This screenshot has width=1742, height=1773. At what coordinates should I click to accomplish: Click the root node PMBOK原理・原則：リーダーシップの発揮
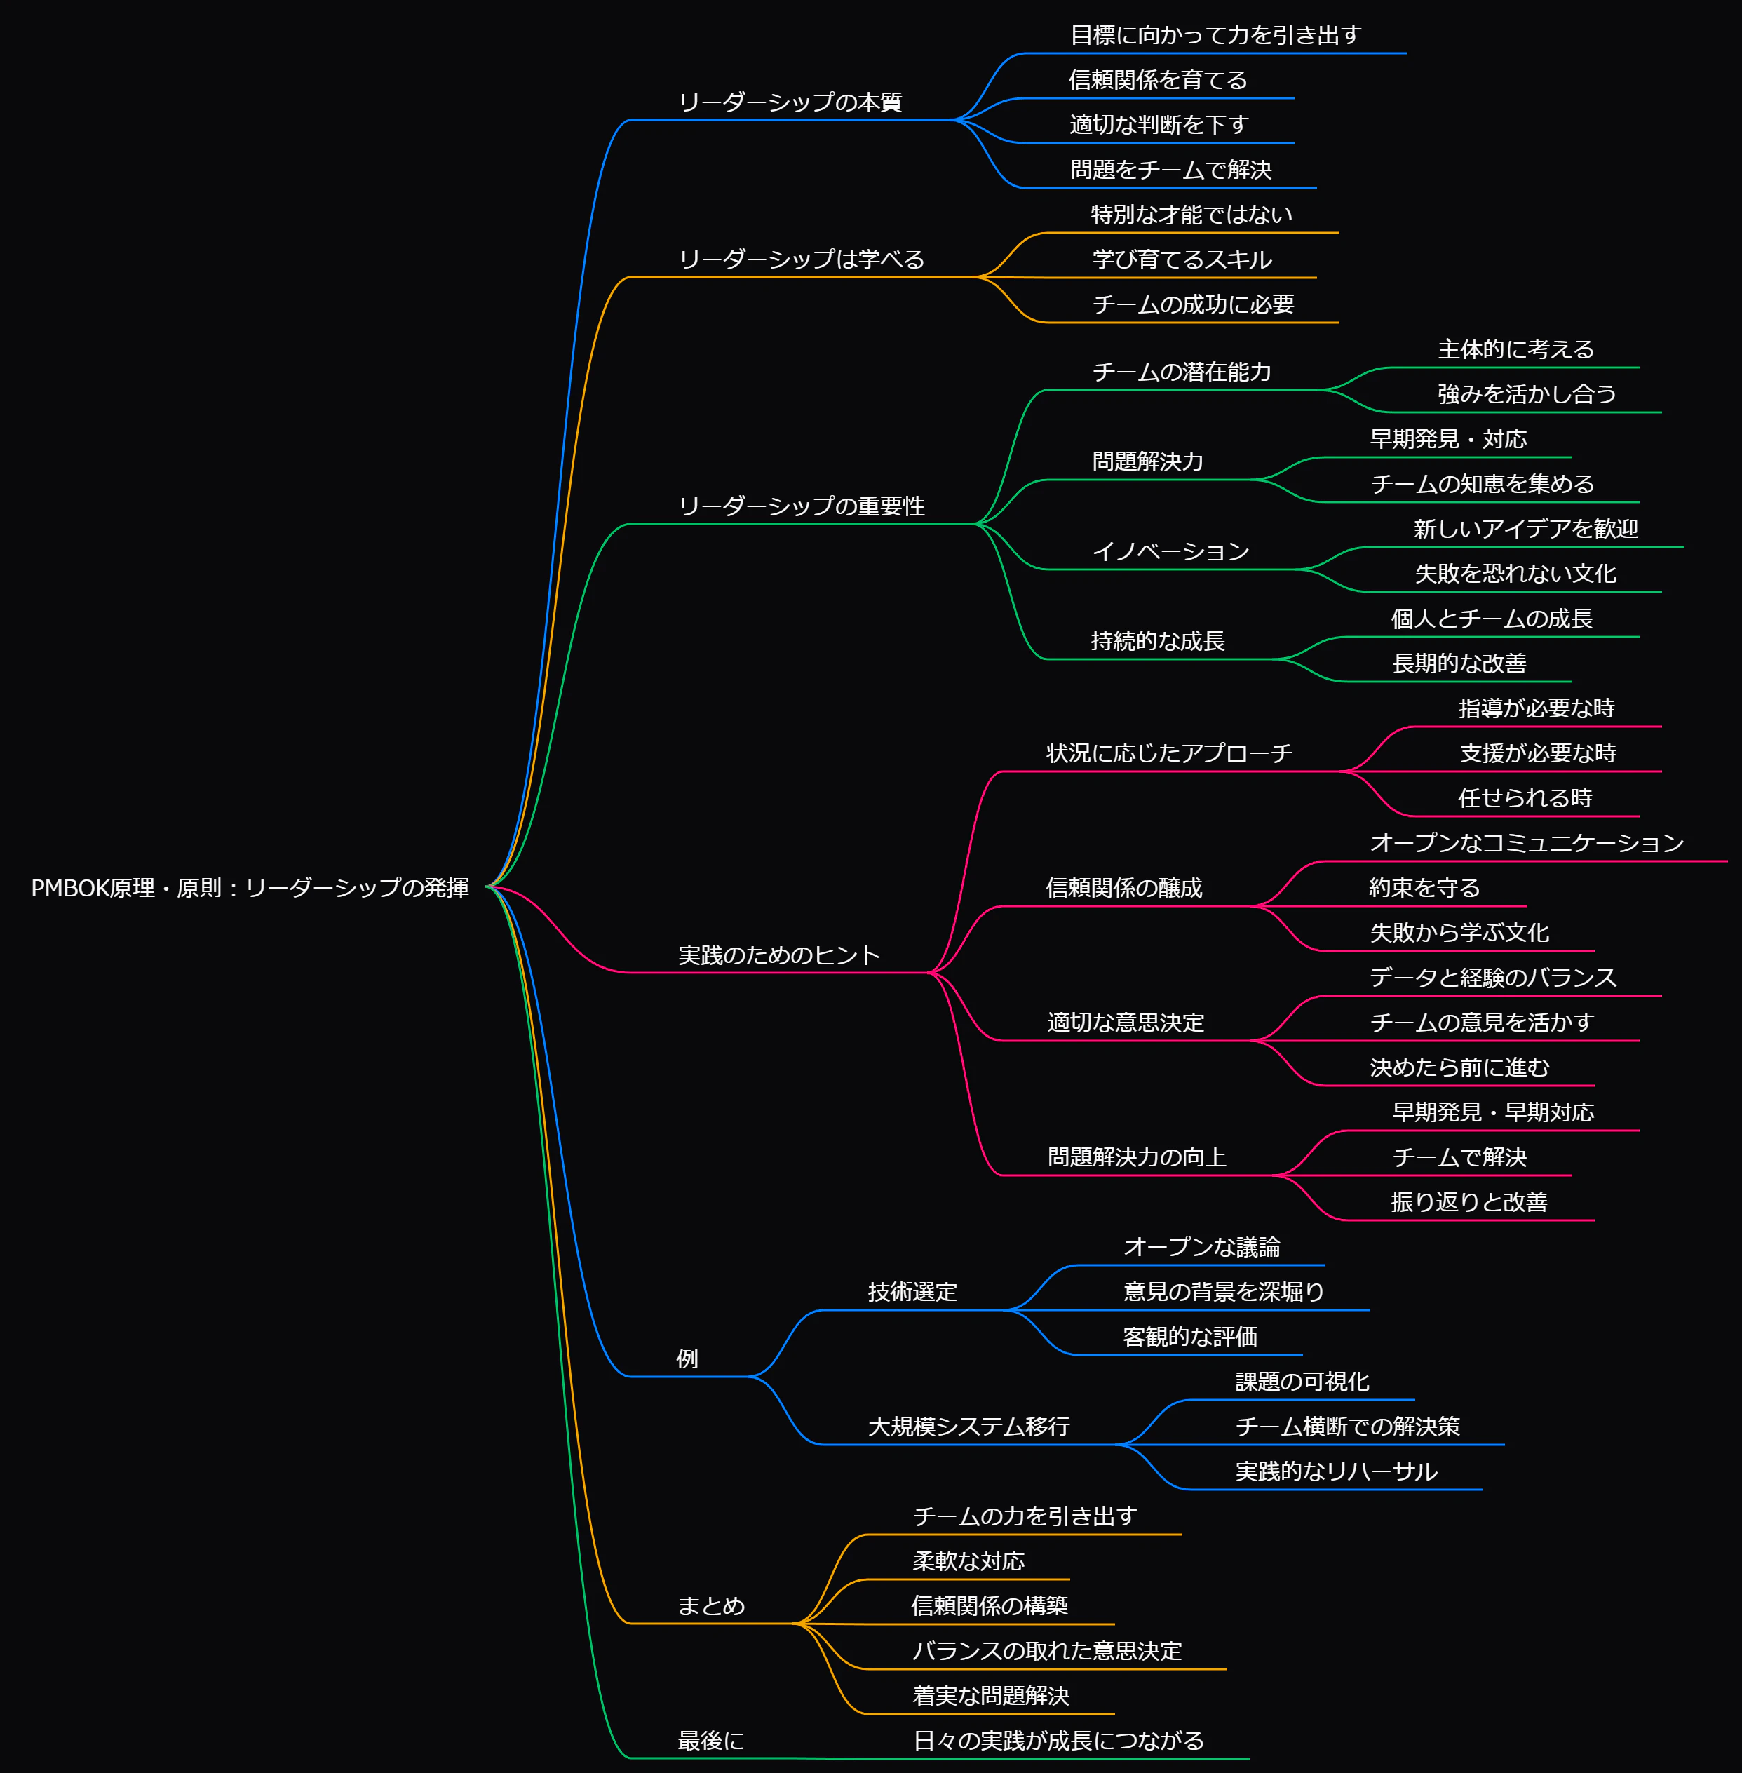point(250,887)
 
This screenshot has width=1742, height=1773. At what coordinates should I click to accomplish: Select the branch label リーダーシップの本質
point(790,102)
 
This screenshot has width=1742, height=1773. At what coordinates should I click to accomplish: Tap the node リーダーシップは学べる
point(802,259)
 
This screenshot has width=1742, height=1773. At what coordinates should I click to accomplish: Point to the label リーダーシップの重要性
point(802,506)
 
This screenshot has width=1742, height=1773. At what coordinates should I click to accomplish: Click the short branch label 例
point(688,1359)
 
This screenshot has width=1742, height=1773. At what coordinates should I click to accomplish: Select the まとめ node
point(711,1605)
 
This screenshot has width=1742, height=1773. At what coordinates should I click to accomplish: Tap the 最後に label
point(711,1740)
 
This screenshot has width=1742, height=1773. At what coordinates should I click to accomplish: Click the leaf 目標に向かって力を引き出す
point(1216,35)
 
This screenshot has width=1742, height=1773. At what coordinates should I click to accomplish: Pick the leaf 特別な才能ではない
point(1192,214)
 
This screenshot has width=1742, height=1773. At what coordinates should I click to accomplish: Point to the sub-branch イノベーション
point(1171,551)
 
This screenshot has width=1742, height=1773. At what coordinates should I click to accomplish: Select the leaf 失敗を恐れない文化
point(1516,574)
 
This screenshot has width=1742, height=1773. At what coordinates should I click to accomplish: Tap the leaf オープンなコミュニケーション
point(1527,842)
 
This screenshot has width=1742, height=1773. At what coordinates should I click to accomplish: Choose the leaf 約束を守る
point(1424,887)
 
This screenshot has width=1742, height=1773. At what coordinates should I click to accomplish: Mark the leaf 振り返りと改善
point(1469,1201)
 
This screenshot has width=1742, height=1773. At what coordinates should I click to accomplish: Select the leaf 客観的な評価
point(1190,1337)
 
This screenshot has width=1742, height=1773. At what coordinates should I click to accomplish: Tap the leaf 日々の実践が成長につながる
point(1058,1740)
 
